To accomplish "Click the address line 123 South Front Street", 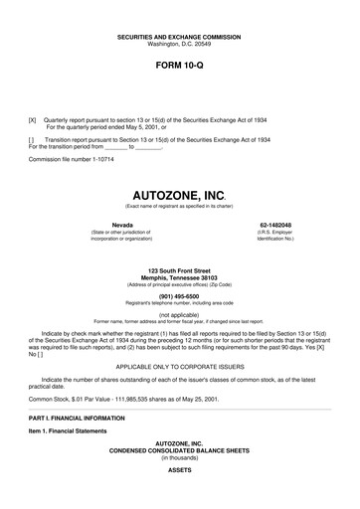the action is [179, 270].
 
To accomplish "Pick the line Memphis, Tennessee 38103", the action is [179, 278].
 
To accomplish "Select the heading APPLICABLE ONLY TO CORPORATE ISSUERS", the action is [179, 365].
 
